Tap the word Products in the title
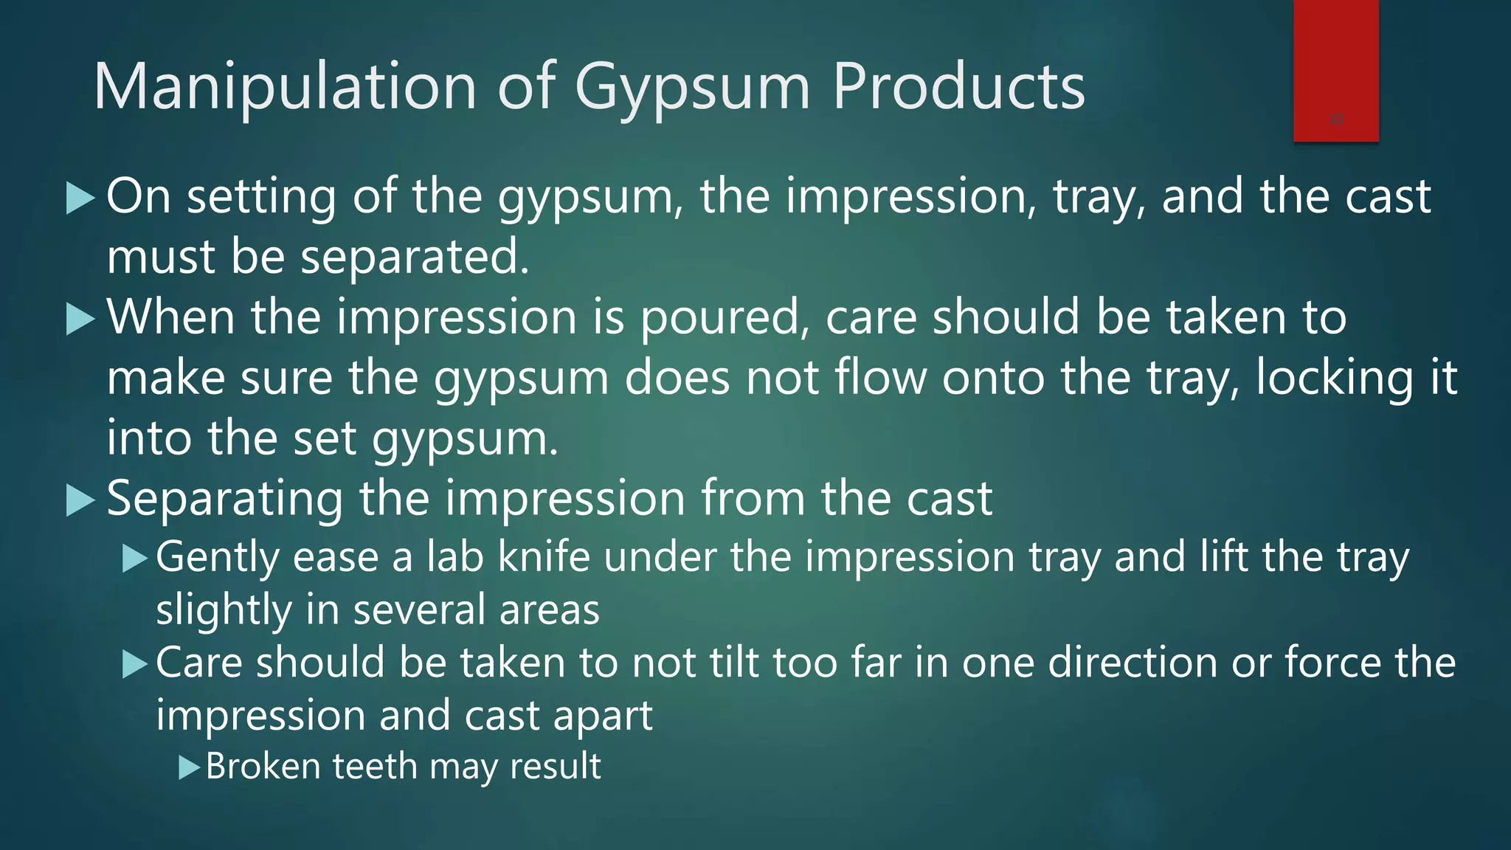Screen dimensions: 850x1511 click(958, 87)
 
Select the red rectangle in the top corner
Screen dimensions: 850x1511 click(1335, 70)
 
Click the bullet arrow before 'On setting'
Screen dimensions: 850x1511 click(80, 198)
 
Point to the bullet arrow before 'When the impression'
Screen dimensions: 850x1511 click(80, 319)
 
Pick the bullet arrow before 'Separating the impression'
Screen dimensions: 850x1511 click(80, 500)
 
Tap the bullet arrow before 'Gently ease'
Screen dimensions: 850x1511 click(135, 558)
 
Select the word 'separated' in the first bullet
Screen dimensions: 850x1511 click(414, 258)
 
